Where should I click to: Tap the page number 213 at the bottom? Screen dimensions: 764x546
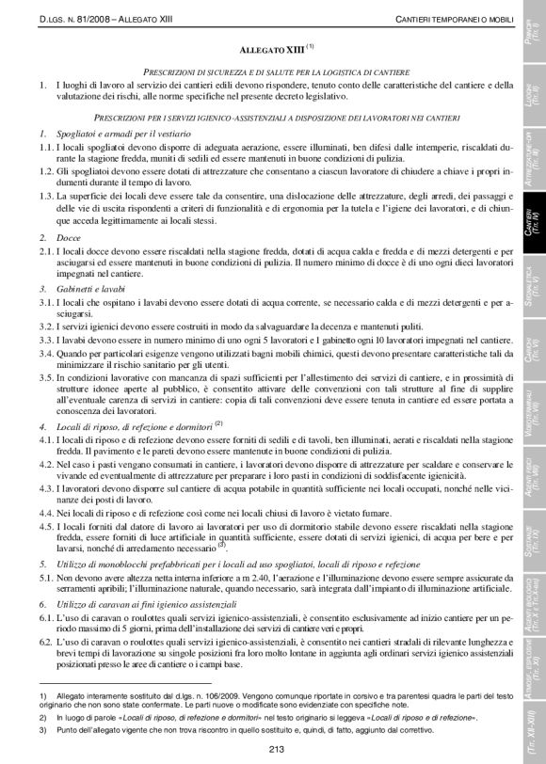274,749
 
